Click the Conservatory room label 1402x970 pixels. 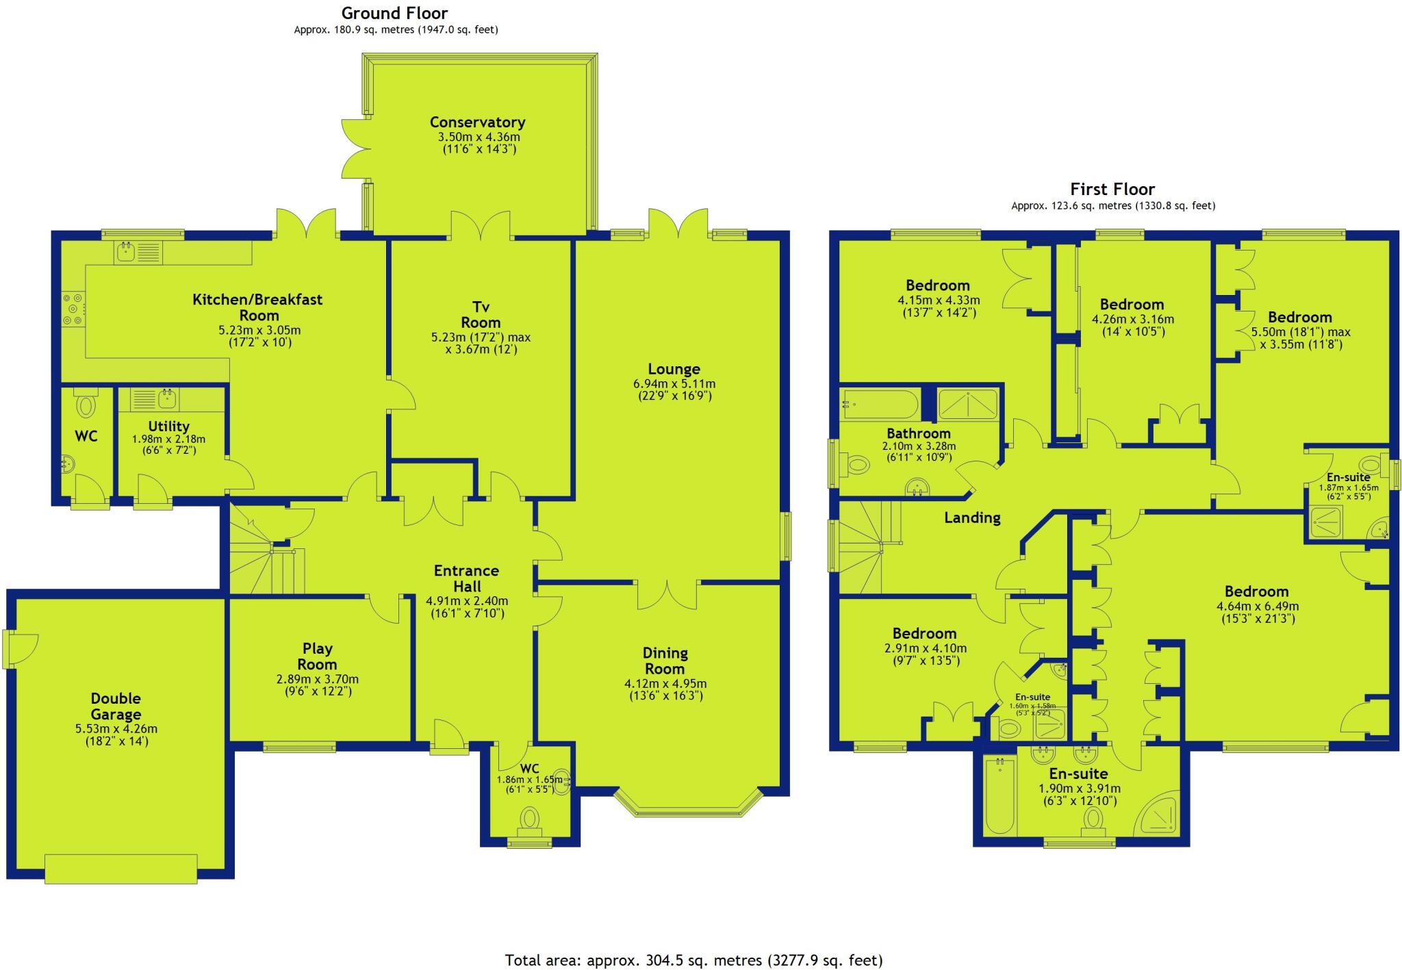coord(477,123)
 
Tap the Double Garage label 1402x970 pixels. coord(116,706)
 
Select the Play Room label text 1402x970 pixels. coord(317,656)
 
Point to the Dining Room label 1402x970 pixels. coord(665,661)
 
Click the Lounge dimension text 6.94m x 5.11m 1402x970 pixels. coord(674,383)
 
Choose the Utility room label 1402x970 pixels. coord(168,426)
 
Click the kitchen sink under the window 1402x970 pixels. coord(127,252)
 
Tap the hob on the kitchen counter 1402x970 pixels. coord(73,309)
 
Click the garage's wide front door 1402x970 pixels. coord(121,868)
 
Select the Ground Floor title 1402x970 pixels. coord(394,13)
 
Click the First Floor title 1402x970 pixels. coord(1112,190)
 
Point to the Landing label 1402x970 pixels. coord(972,518)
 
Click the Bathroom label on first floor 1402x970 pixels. coord(918,433)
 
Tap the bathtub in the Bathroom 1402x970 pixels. coord(880,405)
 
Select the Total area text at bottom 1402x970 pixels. coord(693,960)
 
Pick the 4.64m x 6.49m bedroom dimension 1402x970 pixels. coord(1257,606)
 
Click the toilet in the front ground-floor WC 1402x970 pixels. coord(530,819)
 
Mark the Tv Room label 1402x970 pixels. coord(481,315)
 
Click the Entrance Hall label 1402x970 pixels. coord(466,578)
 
